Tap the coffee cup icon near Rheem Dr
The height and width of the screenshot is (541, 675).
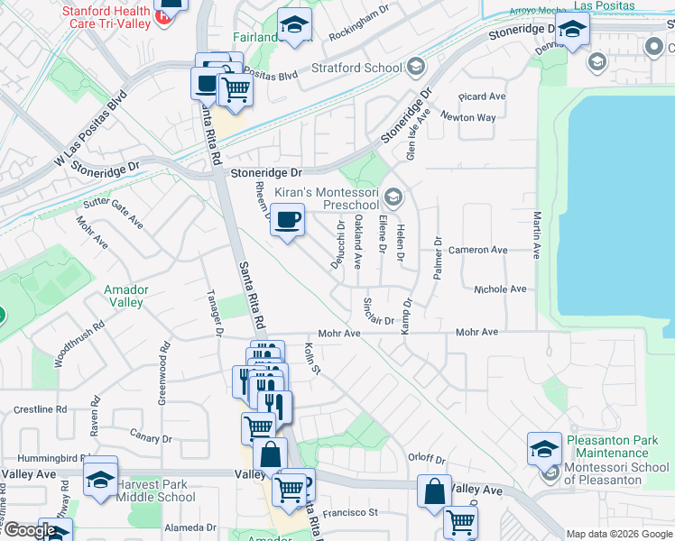pos(287,221)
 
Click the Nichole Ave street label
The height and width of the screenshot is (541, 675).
pos(500,289)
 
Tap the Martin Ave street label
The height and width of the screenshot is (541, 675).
pos(537,235)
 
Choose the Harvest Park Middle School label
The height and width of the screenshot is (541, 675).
pos(156,491)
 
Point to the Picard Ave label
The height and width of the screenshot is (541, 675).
pos(482,96)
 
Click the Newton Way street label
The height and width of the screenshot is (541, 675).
pos(468,117)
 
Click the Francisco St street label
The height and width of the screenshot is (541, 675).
pos(350,512)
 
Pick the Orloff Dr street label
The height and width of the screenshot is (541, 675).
pos(427,458)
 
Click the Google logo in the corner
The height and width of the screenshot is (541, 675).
pos(30,530)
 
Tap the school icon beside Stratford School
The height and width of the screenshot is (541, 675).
pos(415,67)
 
